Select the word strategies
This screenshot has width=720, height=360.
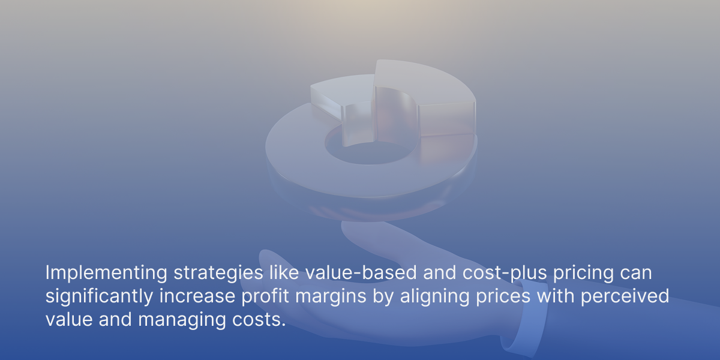point(218,274)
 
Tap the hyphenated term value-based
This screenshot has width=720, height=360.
point(361,272)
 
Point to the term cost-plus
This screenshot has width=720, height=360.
point(505,274)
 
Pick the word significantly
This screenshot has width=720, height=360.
point(100,297)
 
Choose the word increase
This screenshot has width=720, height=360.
point(197,296)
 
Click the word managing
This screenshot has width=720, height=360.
point(182,321)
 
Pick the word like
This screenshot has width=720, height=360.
point(284,272)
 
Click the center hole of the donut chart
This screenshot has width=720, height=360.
point(370,152)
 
